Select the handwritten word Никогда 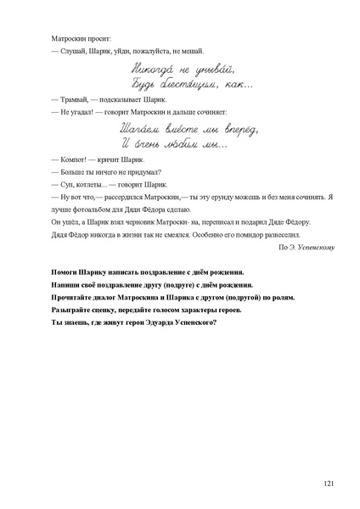[x=158, y=65]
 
